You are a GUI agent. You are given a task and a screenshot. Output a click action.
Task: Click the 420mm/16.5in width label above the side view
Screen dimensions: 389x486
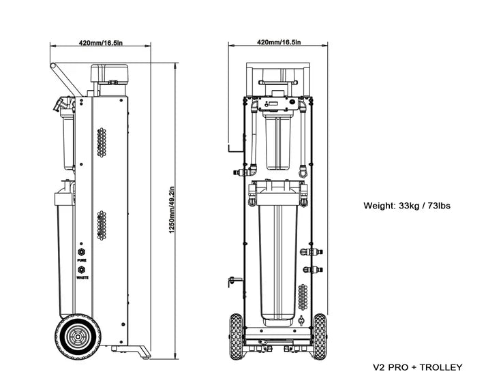click(x=100, y=43)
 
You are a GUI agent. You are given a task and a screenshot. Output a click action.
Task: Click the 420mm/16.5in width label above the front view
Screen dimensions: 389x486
click(x=278, y=43)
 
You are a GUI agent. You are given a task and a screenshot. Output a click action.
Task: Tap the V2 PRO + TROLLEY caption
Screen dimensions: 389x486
click(x=418, y=368)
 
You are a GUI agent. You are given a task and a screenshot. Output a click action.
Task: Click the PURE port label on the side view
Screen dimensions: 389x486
click(x=81, y=260)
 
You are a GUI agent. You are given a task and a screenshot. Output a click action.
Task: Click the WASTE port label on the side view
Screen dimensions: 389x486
click(x=81, y=278)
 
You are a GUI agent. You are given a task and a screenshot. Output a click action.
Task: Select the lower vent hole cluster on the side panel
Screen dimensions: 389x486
click(x=103, y=224)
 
